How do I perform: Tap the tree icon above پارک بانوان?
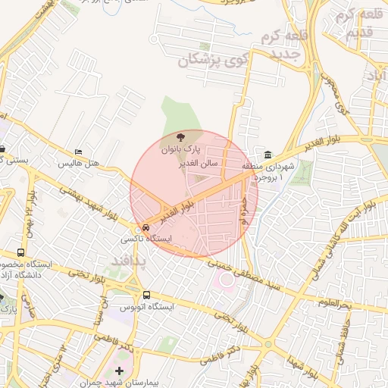point(179,135)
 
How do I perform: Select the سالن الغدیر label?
point(199,163)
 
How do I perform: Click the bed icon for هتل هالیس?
point(78,152)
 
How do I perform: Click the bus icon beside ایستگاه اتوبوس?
point(146,295)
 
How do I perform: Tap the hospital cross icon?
point(118,371)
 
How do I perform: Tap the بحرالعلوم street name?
point(335,304)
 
